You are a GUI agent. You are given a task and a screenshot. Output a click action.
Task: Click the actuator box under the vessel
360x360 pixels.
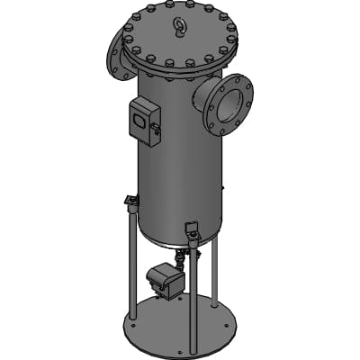[165, 278]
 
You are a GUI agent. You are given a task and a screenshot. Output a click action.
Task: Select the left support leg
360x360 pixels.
[132, 261]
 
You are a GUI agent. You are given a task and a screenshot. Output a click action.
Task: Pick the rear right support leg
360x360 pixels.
[216, 270]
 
